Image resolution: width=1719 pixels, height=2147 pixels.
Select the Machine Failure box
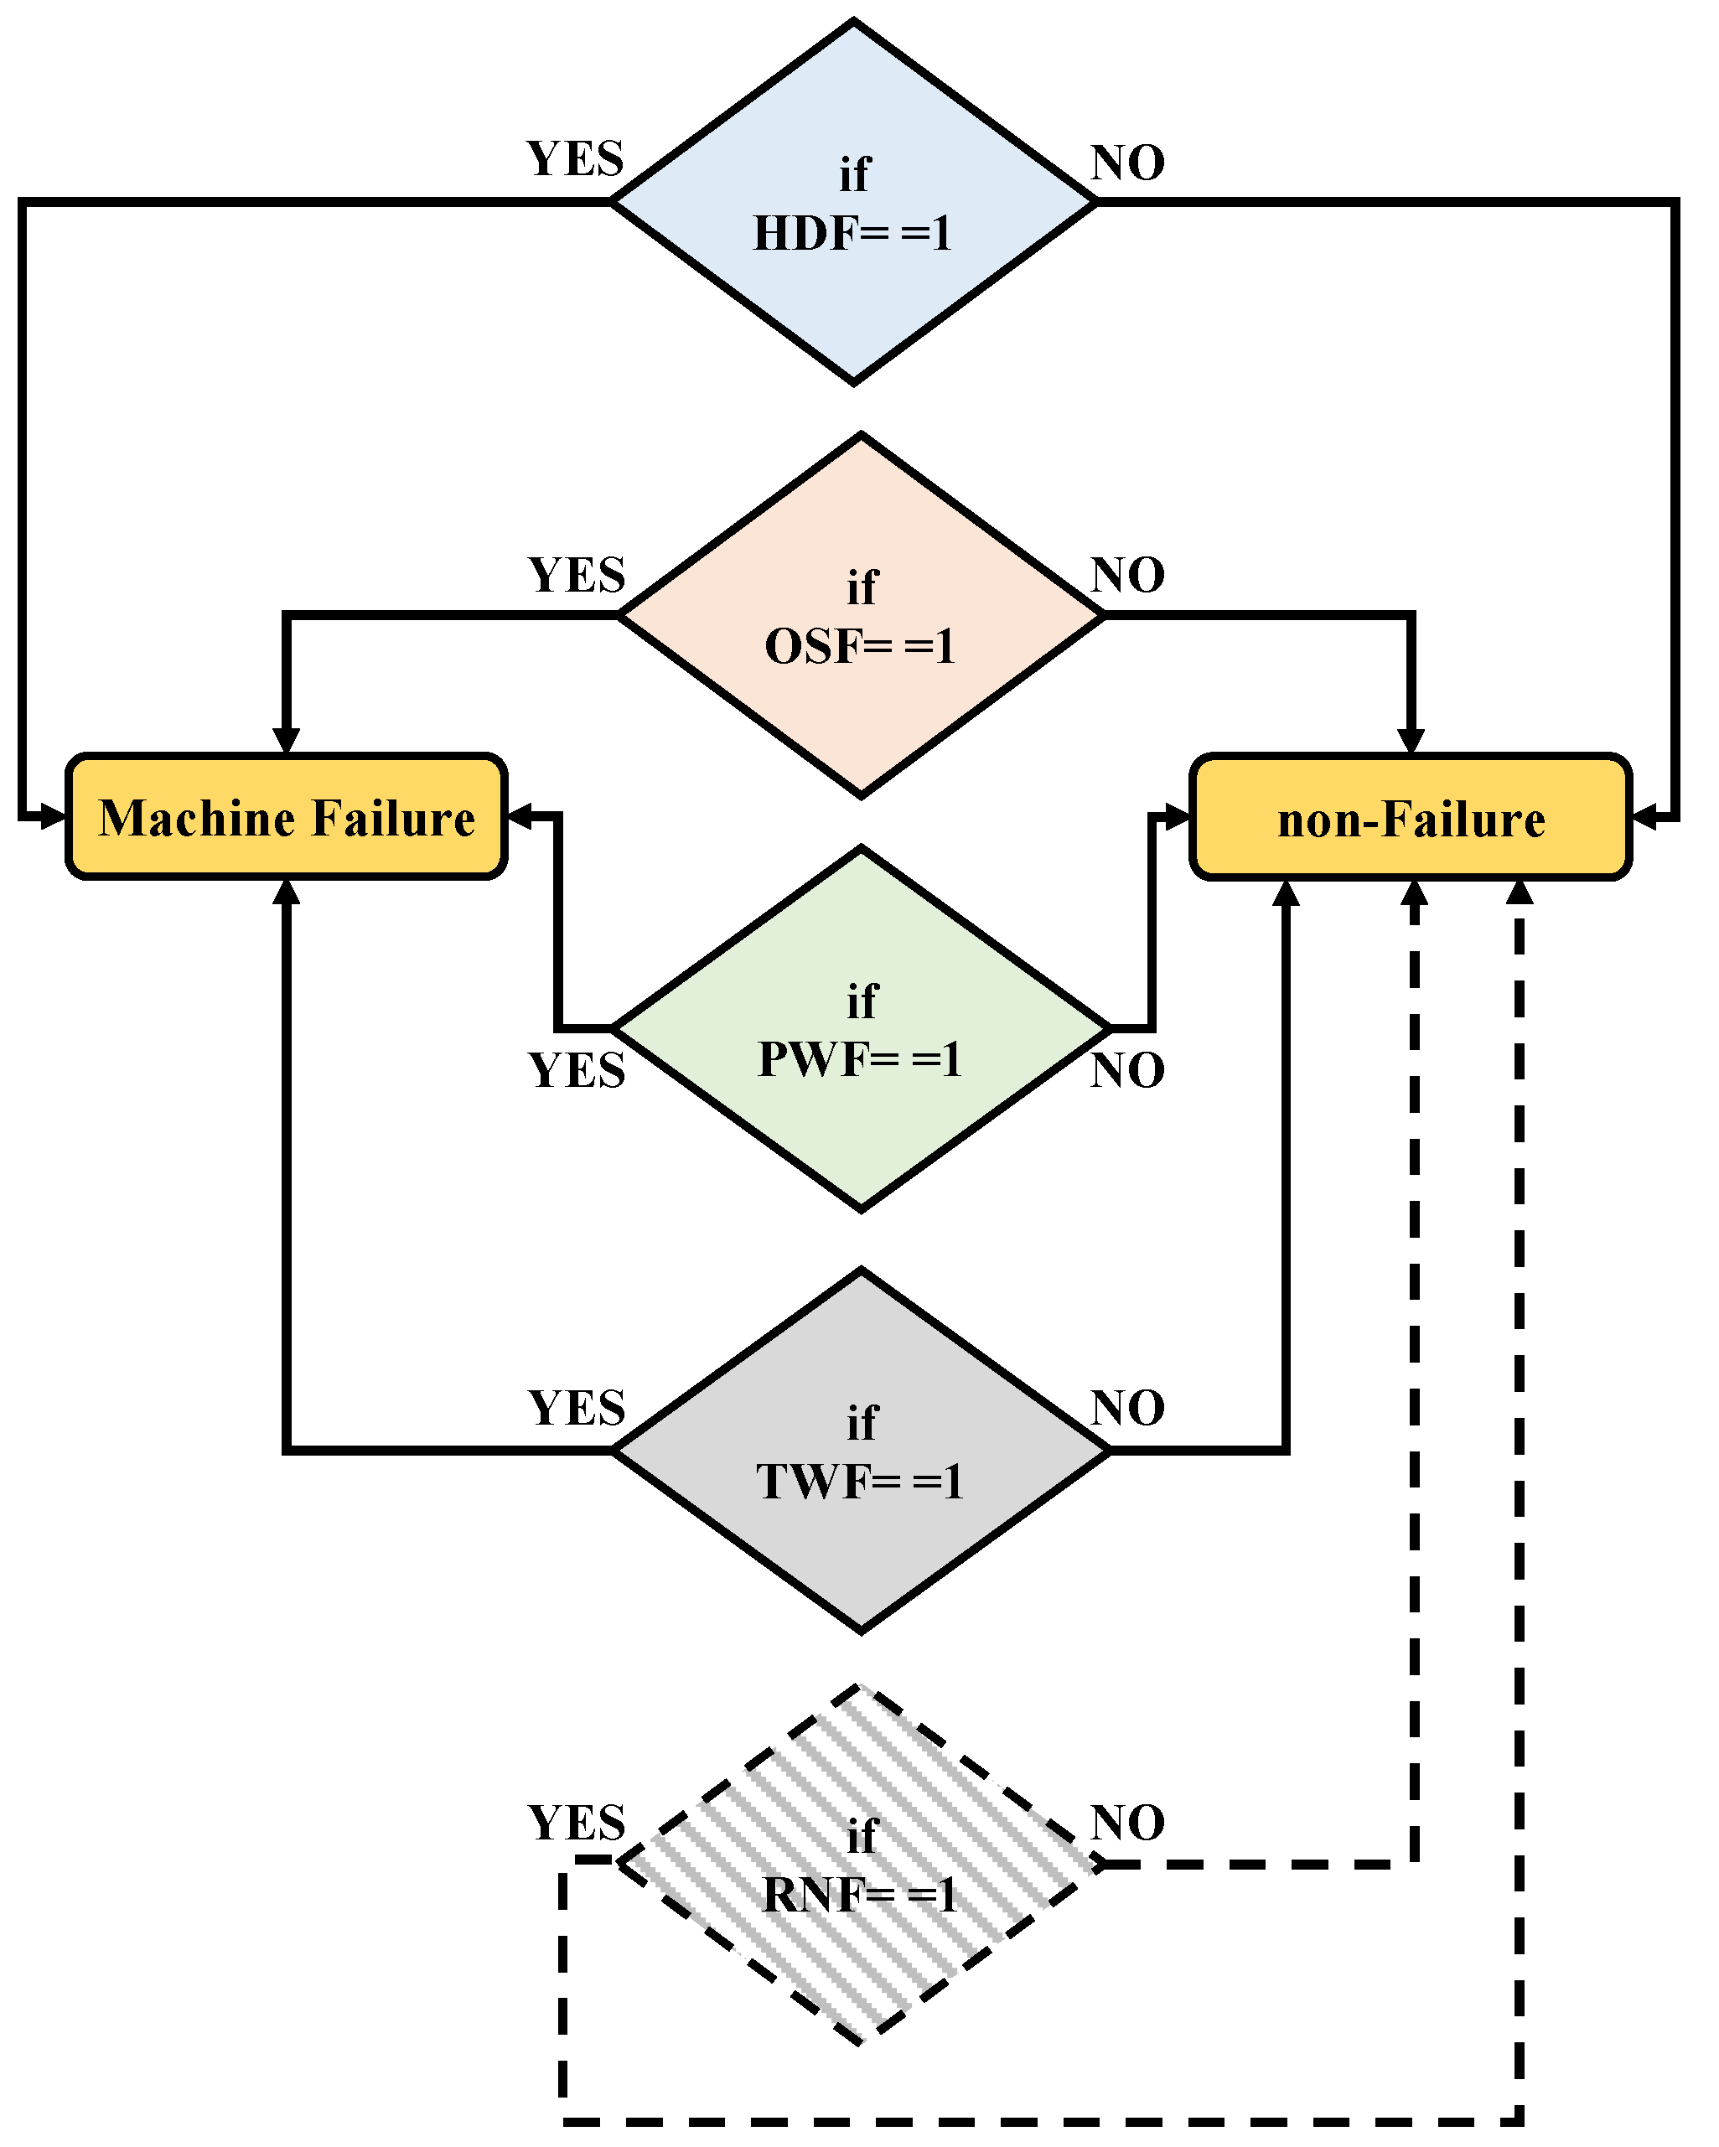[286, 818]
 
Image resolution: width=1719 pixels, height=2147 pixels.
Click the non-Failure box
[1411, 818]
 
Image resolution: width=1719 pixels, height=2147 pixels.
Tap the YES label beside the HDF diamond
[575, 159]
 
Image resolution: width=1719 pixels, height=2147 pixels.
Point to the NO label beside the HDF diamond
[1127, 163]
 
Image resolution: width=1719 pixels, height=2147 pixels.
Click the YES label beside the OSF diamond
[576, 576]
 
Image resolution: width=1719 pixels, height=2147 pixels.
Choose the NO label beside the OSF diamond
[1127, 576]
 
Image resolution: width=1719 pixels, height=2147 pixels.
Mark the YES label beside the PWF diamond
[576, 1070]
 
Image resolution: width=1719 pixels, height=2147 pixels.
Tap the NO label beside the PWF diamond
[1127, 1070]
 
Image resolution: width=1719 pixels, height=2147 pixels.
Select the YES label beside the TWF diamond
[576, 1408]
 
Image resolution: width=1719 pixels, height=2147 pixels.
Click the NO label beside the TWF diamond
[1127, 1408]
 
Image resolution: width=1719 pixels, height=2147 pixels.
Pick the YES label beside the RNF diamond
[576, 1824]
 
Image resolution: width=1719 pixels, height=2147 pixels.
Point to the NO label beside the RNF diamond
[1127, 1824]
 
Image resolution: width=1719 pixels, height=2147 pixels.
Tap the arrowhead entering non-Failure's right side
[1644, 819]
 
